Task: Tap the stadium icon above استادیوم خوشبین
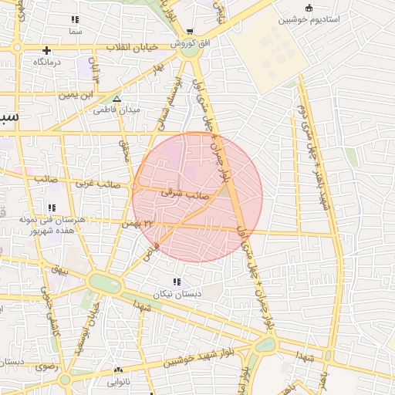pos(309,8)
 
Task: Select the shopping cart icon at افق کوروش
pos(190,32)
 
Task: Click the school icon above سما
pos(75,19)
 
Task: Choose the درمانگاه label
pos(47,60)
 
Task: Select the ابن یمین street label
pos(81,94)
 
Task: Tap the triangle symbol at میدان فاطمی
pos(116,99)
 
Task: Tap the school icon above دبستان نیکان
pos(177,282)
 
